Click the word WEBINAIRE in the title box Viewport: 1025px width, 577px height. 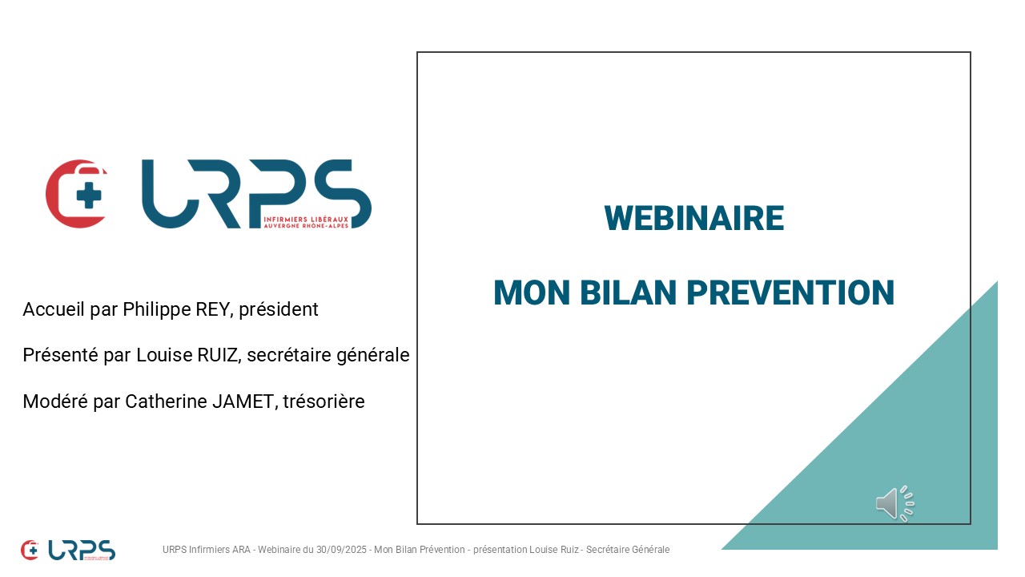pyautogui.click(x=693, y=219)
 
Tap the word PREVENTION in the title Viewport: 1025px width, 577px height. pyautogui.click(x=790, y=293)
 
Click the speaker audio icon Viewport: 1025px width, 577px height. pyautogui.click(x=895, y=503)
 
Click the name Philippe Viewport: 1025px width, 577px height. pyautogui.click(x=156, y=310)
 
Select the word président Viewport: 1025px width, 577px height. pyautogui.click(x=278, y=310)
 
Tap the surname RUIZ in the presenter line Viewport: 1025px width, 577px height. pyautogui.click(x=219, y=355)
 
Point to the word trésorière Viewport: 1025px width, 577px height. pyautogui.click(x=324, y=401)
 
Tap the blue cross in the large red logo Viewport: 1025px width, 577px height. pyautogui.click(x=89, y=195)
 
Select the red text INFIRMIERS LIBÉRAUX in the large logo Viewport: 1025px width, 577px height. pyautogui.click(x=306, y=220)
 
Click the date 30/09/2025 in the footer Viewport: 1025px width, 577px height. pyautogui.click(x=341, y=550)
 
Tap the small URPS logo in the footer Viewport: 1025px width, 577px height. pyautogui.click(x=68, y=550)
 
